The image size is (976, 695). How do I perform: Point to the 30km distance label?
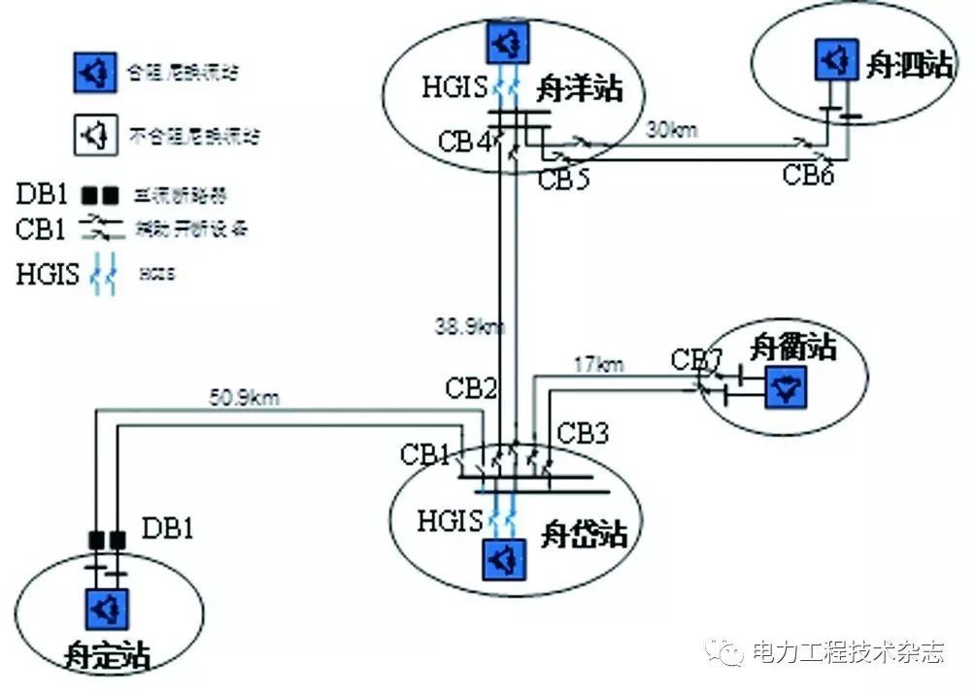tap(672, 128)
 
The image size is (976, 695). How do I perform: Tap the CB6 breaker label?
tap(809, 175)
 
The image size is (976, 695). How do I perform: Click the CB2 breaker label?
tap(472, 389)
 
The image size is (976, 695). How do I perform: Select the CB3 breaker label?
tap(583, 433)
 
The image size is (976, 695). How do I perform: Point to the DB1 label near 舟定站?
tap(168, 528)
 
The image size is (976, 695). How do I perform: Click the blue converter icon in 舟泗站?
tap(832, 61)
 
